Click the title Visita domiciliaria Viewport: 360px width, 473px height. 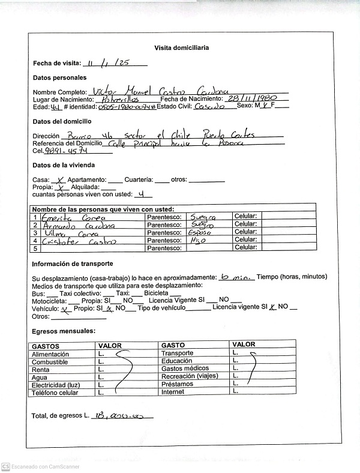point(181,48)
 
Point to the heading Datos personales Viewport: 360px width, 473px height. point(59,78)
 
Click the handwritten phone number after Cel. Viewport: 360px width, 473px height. point(70,151)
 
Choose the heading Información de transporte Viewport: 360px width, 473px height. point(73,264)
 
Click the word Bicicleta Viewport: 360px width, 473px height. point(164,293)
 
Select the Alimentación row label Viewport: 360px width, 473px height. point(50,355)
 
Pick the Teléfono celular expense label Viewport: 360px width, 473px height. point(55,393)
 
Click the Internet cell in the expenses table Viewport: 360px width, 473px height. point(172,392)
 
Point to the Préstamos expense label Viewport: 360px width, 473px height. point(177,384)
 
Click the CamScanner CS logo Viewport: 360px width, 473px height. point(5,466)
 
